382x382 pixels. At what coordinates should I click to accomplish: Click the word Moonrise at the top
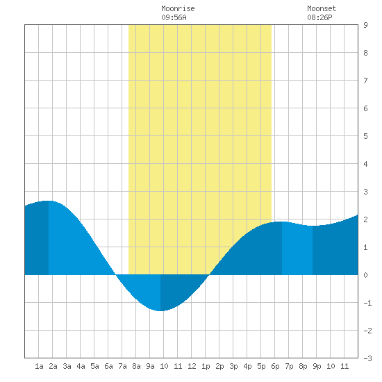coord(178,8)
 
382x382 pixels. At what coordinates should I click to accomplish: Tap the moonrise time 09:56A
coord(174,17)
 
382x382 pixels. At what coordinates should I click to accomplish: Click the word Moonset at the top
coord(322,8)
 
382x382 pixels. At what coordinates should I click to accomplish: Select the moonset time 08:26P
coord(319,17)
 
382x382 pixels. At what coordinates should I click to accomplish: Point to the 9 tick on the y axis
coord(365,25)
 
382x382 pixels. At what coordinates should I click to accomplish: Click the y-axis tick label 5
coord(365,136)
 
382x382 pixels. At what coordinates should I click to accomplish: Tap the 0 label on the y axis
coord(365,275)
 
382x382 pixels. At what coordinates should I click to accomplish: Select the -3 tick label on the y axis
coord(367,358)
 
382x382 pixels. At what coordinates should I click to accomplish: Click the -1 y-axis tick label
coord(367,303)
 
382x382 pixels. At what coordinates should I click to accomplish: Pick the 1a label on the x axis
coord(39,366)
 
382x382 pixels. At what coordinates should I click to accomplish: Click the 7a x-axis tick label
coord(122,366)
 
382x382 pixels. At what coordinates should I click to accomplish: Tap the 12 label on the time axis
coord(192,366)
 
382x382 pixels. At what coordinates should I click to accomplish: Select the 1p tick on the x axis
coord(206,366)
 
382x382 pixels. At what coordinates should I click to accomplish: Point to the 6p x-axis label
coord(275,366)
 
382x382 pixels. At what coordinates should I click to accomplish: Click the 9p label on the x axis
coord(317,366)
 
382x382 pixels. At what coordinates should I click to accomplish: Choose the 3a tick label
coord(67,366)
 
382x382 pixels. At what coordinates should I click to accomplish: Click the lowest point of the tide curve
coord(160,311)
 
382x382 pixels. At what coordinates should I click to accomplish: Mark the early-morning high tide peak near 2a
coord(49,201)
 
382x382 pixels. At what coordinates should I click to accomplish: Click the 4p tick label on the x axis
coord(247,366)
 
